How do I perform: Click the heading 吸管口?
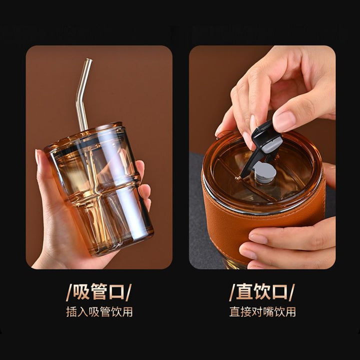pyautogui.click(x=99, y=292)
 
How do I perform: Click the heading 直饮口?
pyautogui.click(x=262, y=292)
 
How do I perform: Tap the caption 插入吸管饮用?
pyautogui.click(x=99, y=311)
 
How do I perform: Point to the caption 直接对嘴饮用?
pyautogui.click(x=262, y=311)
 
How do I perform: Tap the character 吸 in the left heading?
pyautogui.click(x=81, y=292)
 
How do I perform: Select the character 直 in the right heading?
pyautogui.click(x=244, y=292)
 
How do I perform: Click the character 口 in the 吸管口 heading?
pyautogui.click(x=117, y=292)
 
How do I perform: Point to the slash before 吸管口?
pyautogui.click(x=69, y=292)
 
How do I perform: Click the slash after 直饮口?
pyautogui.click(x=292, y=292)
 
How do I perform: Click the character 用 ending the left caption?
pyautogui.click(x=127, y=311)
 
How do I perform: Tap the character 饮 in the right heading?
pyautogui.click(x=262, y=292)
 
